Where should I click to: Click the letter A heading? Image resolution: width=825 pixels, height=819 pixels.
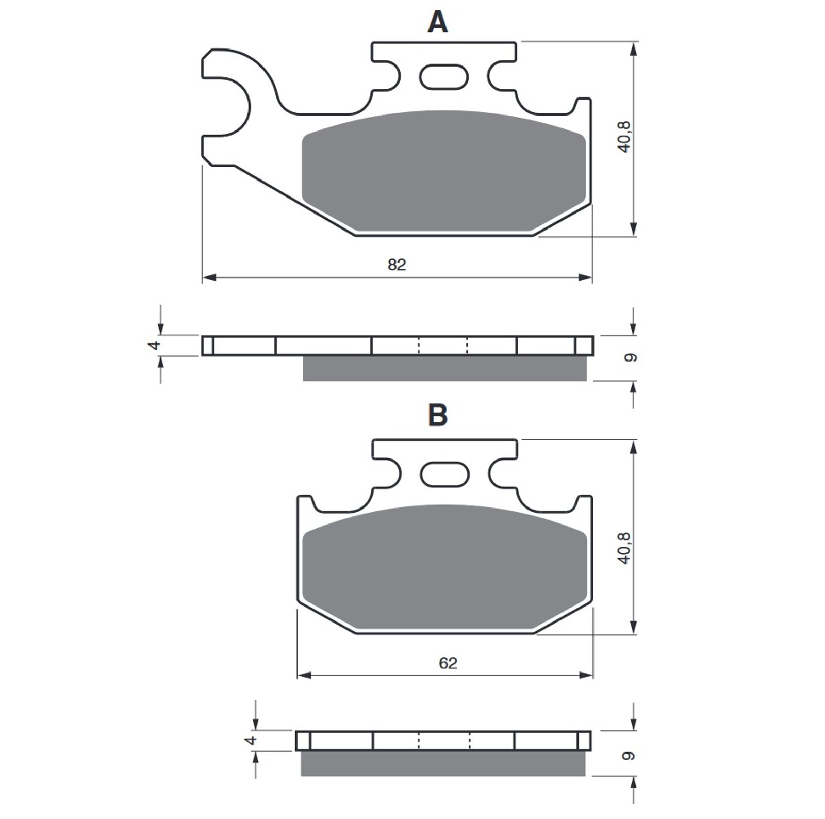437,23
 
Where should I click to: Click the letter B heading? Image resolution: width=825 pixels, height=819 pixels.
437,415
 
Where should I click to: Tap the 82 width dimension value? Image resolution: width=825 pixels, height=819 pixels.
397,265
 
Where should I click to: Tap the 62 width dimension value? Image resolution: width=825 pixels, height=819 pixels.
448,663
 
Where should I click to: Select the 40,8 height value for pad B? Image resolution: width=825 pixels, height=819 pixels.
624,548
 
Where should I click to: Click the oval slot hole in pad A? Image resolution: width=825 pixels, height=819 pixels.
444,77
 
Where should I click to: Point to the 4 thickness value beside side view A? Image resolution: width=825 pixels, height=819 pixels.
156,345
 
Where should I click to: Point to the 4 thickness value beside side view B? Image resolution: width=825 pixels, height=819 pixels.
251,740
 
